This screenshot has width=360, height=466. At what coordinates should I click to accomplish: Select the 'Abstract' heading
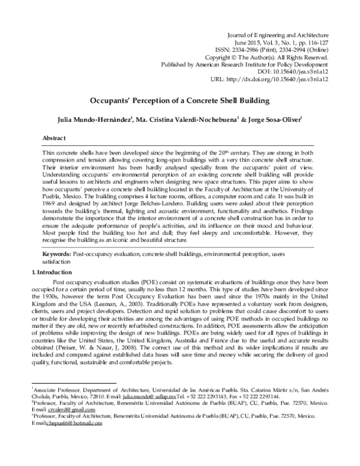click(55, 138)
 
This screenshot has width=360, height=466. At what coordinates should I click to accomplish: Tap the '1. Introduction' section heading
click(54, 273)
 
